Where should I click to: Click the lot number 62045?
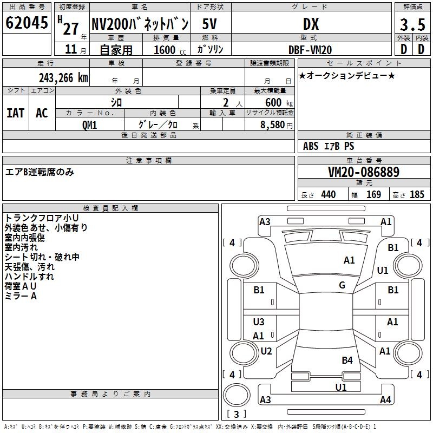(x=27, y=23)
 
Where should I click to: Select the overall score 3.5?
(x=412, y=24)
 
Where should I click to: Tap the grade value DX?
(x=311, y=24)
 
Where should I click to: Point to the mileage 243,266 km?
(x=63, y=78)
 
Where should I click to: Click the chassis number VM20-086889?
(x=364, y=172)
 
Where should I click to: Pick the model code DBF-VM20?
(x=310, y=50)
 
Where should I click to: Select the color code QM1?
(x=89, y=125)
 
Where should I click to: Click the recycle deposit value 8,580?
(x=272, y=125)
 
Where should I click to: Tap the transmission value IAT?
(x=16, y=113)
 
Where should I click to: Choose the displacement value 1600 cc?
(x=170, y=50)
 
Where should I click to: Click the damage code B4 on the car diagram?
(x=347, y=360)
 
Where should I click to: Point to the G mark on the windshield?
(x=342, y=285)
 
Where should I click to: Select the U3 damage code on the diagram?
(x=259, y=322)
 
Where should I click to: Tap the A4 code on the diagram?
(x=385, y=399)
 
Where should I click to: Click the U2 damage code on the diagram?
(x=266, y=351)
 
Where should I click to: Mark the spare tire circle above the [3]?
(x=237, y=395)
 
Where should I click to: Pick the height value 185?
(x=417, y=194)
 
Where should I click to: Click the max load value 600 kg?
(x=279, y=103)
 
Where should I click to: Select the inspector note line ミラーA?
(x=21, y=296)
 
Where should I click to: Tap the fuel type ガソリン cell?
(x=210, y=50)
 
